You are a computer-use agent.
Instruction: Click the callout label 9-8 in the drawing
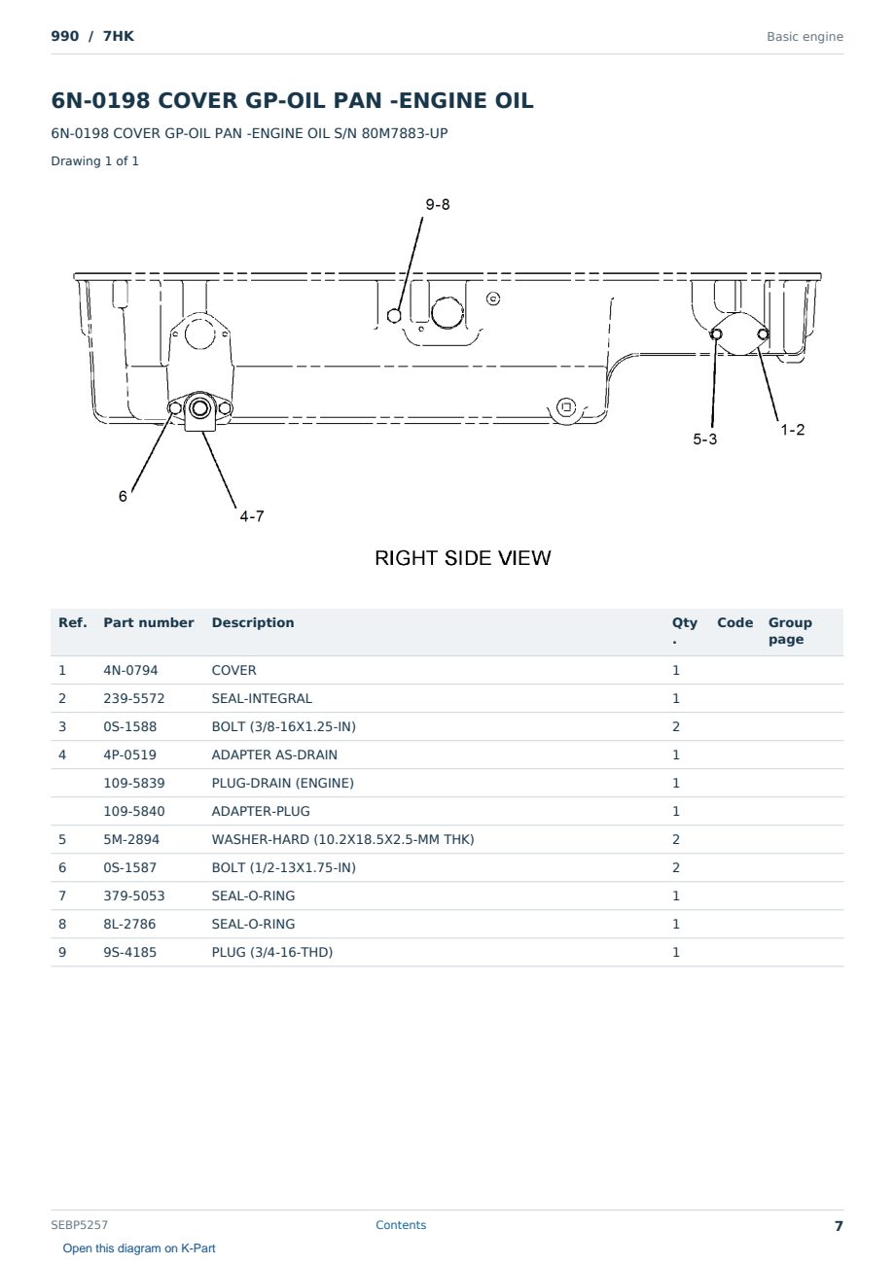438,204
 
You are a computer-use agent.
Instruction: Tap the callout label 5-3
704,439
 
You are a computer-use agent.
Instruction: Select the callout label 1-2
792,430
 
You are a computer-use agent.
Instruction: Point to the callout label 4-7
252,516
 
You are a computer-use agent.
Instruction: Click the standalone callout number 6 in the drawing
123,496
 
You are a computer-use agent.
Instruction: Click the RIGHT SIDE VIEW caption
462,558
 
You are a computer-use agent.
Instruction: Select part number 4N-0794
130,670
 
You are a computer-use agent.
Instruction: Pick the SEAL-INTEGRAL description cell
262,698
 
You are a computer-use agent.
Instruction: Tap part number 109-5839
134,784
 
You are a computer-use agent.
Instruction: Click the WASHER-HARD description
342,840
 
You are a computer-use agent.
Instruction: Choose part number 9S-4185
130,953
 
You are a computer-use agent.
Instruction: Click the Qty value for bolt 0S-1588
676,727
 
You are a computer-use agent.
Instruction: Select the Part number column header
149,622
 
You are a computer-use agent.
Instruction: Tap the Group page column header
790,631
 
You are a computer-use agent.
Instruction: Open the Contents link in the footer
401,1224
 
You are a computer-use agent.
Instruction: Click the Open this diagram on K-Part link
139,1248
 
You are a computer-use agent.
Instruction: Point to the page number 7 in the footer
839,1226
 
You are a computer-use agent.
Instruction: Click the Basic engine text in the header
805,37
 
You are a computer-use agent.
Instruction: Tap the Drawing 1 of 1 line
95,161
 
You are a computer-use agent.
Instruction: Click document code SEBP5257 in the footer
79,1225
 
